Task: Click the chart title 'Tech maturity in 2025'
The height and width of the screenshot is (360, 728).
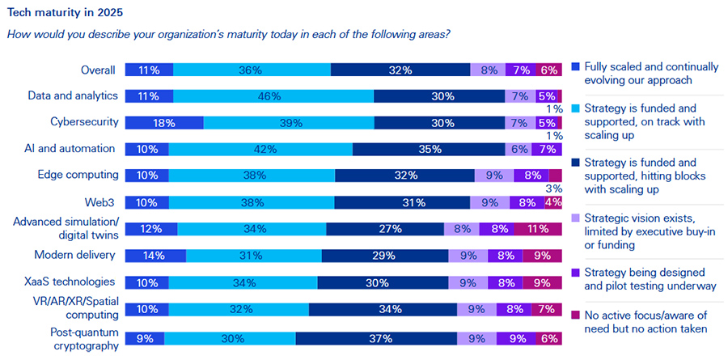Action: [60, 14]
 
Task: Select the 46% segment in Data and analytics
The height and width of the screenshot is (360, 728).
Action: [273, 96]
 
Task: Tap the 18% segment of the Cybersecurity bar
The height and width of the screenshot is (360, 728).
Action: [165, 123]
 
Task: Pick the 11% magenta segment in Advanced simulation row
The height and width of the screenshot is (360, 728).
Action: [538, 229]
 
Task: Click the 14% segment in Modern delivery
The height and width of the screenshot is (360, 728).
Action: [156, 256]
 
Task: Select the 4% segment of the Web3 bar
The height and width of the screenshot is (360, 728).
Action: [553, 202]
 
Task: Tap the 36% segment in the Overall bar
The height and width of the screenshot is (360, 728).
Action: [252, 70]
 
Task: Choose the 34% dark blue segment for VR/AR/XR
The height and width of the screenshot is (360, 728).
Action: [383, 309]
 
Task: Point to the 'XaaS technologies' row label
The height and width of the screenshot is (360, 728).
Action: [77, 282]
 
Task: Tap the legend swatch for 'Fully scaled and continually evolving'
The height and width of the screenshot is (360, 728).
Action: [576, 65]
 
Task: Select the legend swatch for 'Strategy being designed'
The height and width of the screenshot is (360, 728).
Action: [576, 272]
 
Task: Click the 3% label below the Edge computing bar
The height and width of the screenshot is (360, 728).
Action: [554, 188]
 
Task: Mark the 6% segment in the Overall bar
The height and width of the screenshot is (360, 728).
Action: [550, 70]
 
